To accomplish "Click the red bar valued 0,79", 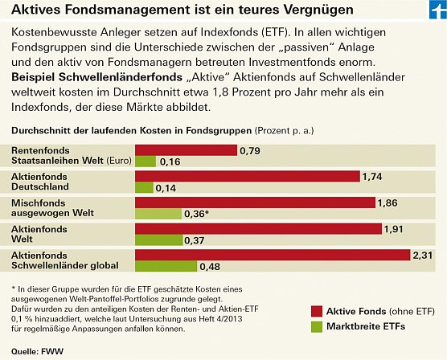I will click(186, 150).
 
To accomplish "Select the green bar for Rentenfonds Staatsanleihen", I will click(145, 162).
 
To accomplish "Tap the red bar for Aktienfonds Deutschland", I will click(247, 176).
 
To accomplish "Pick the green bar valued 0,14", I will click(144, 188).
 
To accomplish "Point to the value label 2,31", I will click(424, 255).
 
